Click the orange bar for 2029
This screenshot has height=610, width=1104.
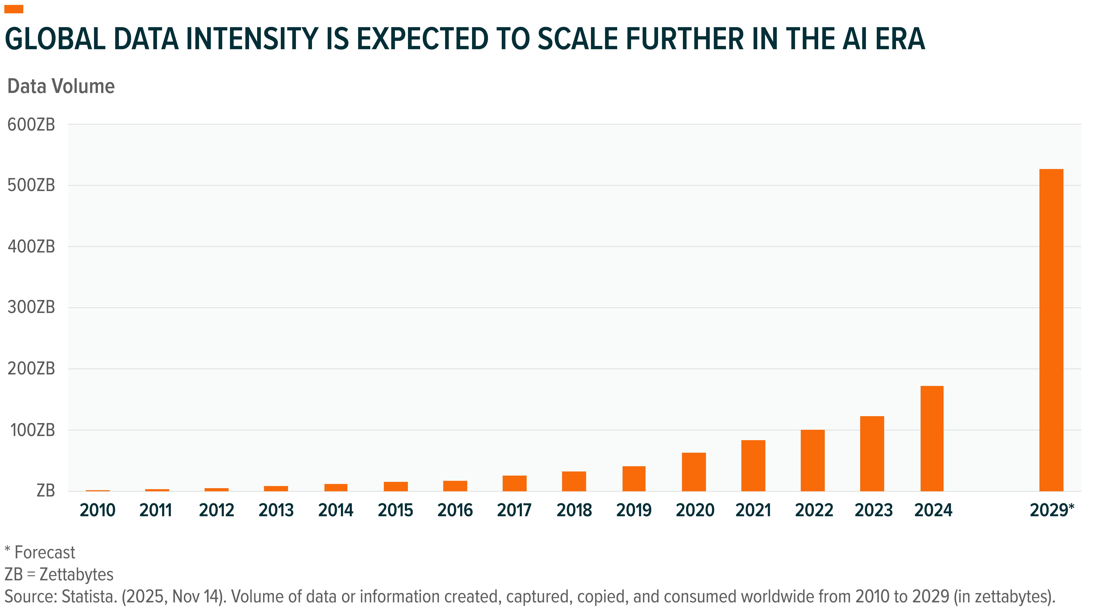coord(1051,330)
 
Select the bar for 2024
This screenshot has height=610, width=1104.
coord(932,439)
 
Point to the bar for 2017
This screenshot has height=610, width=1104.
coord(514,483)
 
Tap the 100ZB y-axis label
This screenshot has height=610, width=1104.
coord(33,430)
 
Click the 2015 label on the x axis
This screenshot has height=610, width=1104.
coord(395,510)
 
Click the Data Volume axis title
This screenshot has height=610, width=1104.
coord(61,87)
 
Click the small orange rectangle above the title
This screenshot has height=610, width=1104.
coord(14,9)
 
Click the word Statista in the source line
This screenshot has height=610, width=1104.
coord(90,597)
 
